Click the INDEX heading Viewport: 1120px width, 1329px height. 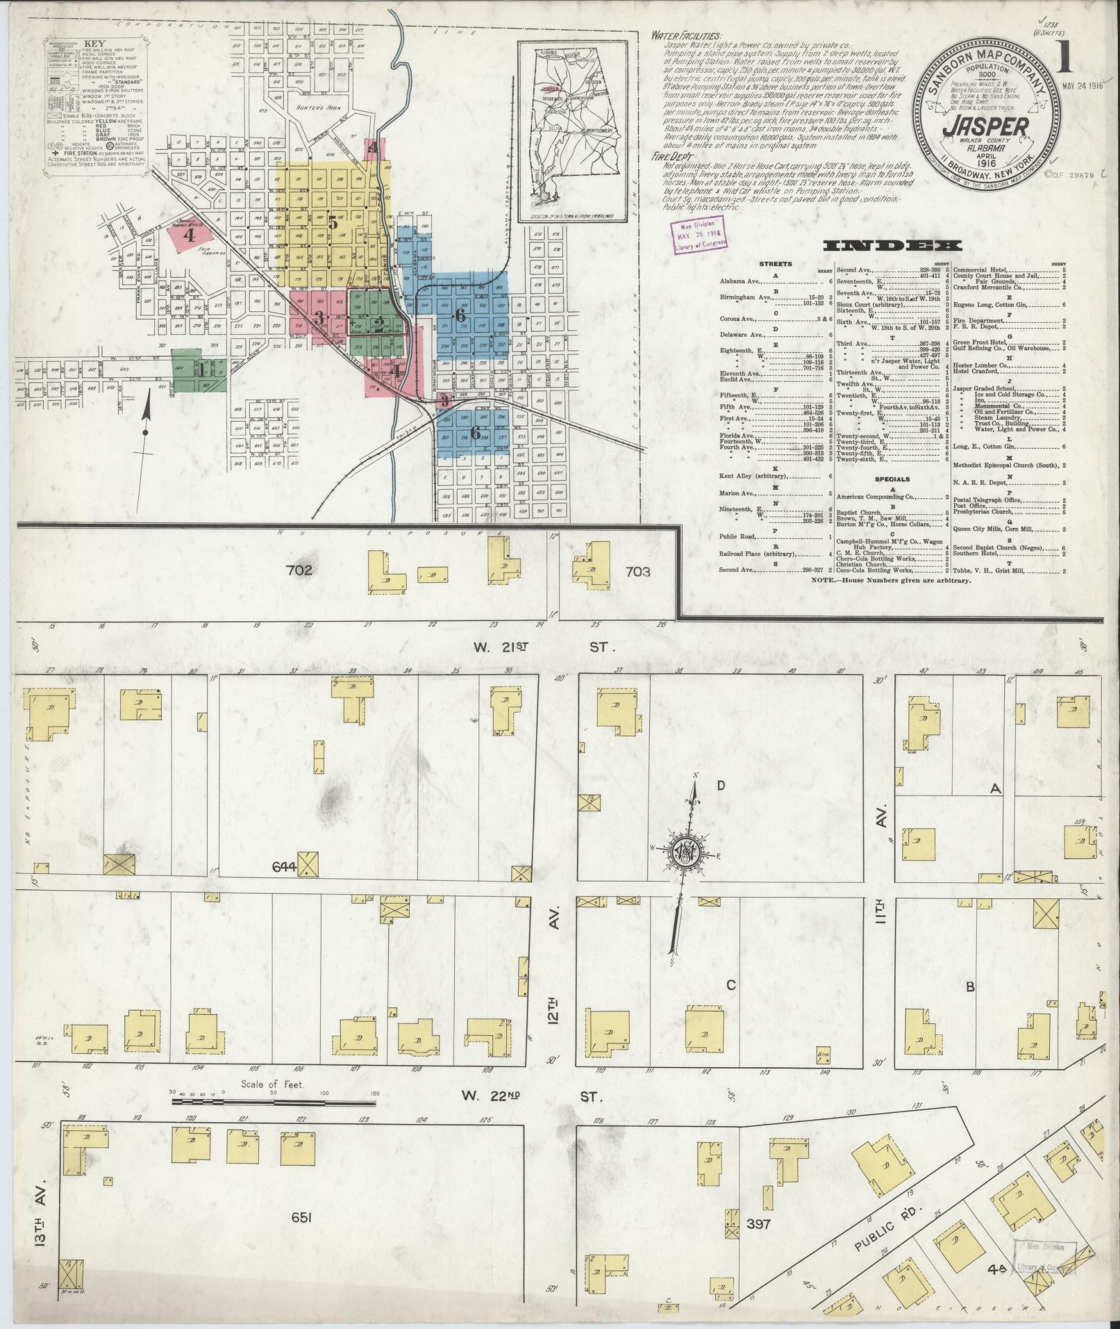(892, 245)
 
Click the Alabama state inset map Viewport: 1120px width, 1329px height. (577, 132)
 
